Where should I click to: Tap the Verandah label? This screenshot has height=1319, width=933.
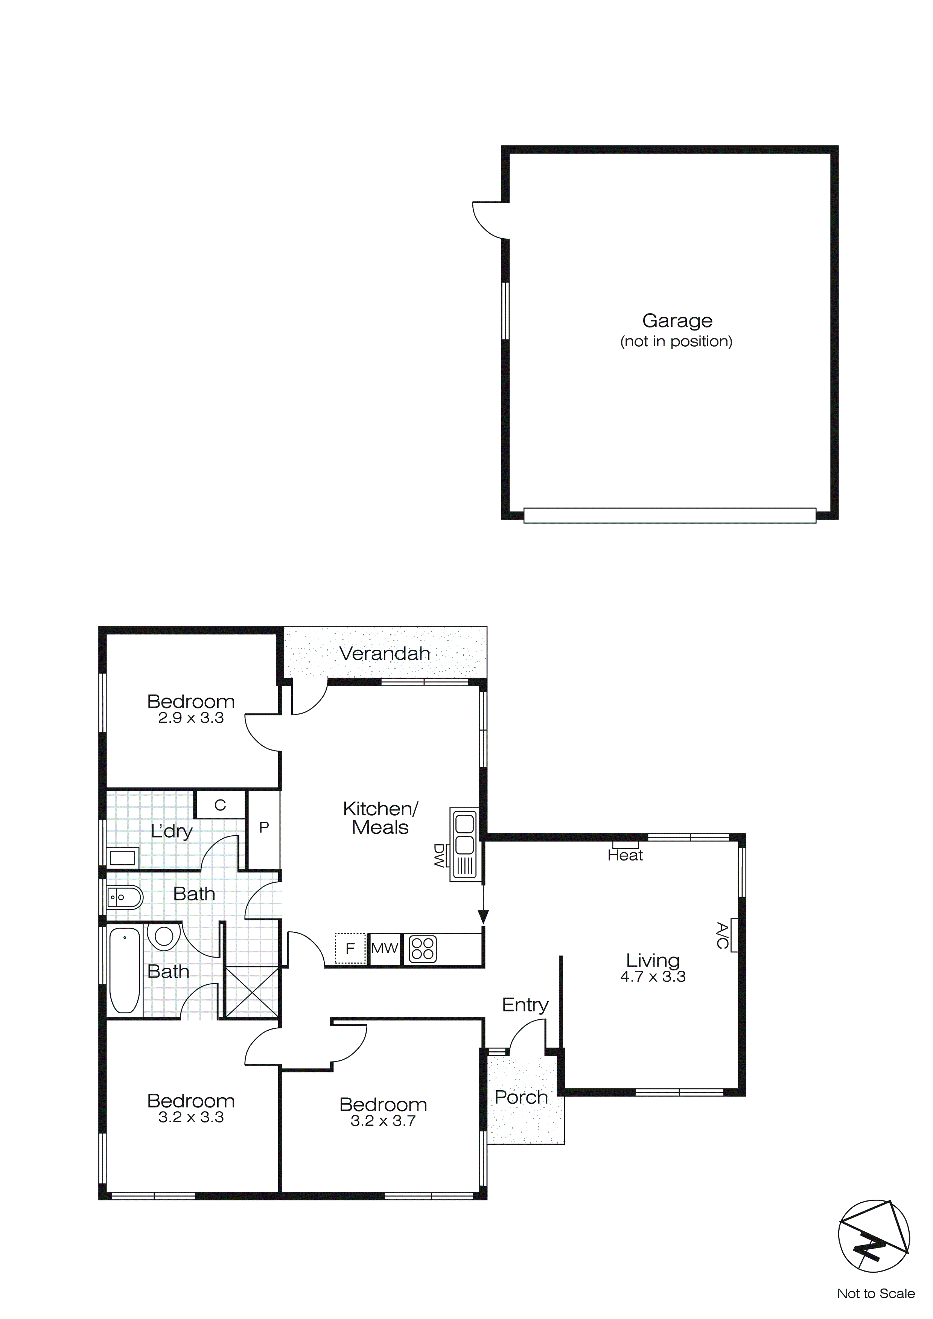click(384, 653)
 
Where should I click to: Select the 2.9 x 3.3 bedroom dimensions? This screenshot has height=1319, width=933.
click(191, 717)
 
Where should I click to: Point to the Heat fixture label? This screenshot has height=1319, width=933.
click(625, 855)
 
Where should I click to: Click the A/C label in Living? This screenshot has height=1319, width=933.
click(722, 935)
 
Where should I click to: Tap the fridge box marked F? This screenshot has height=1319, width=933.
click(350, 948)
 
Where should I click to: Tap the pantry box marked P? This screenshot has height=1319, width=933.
click(264, 827)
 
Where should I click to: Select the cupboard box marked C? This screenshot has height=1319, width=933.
click(220, 805)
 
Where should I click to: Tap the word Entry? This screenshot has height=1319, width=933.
click(525, 1004)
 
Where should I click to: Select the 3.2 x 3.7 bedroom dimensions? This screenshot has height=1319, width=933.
click(383, 1120)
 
